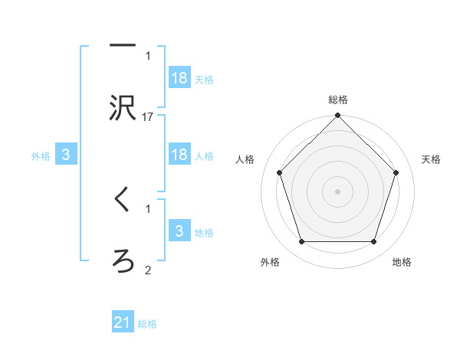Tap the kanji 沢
coord(123,109)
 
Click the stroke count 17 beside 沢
coord(148,117)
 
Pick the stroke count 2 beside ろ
coord(148,269)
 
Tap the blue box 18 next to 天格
coord(179,78)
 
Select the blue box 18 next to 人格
coord(179,155)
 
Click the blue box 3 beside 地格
coord(179,231)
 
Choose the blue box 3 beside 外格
coord(66,155)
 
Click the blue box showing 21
coord(123,323)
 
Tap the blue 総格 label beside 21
coord(147,324)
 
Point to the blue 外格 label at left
coord(41,155)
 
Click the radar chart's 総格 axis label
coord(338,100)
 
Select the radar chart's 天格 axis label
coord(432,159)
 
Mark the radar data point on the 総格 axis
coord(338,116)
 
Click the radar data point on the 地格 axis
coord(374,242)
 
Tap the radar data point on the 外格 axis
coord(301,242)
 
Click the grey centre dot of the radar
coord(338,191)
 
